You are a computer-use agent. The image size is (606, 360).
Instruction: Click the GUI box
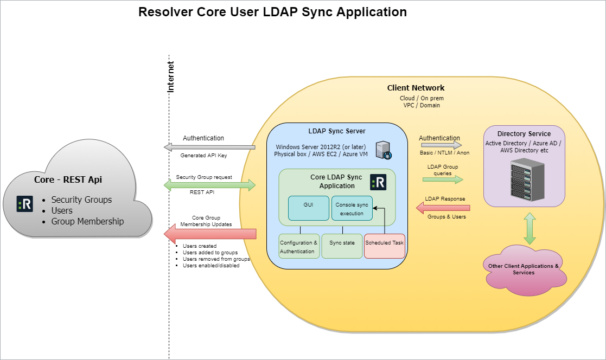309,208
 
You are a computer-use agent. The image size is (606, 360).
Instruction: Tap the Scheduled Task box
384,246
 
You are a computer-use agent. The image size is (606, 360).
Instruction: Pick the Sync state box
342,246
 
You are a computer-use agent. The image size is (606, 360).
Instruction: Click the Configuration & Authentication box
299,246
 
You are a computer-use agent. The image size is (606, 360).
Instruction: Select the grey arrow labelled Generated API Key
209,147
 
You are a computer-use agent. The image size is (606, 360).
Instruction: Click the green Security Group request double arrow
209,185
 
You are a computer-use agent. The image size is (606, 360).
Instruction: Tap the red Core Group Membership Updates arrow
209,234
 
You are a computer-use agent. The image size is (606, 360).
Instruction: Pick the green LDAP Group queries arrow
444,179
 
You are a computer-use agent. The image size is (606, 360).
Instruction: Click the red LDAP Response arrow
443,208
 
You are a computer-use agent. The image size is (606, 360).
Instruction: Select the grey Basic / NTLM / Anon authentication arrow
440,145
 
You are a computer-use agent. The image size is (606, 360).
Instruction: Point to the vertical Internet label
171,76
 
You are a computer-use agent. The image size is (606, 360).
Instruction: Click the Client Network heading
416,88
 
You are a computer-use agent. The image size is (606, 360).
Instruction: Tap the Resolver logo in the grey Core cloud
25,204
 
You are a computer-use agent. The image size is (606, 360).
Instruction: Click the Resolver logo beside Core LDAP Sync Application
378,182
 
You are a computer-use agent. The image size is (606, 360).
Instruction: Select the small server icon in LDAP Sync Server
384,150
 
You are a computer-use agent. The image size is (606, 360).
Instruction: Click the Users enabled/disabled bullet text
211,266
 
